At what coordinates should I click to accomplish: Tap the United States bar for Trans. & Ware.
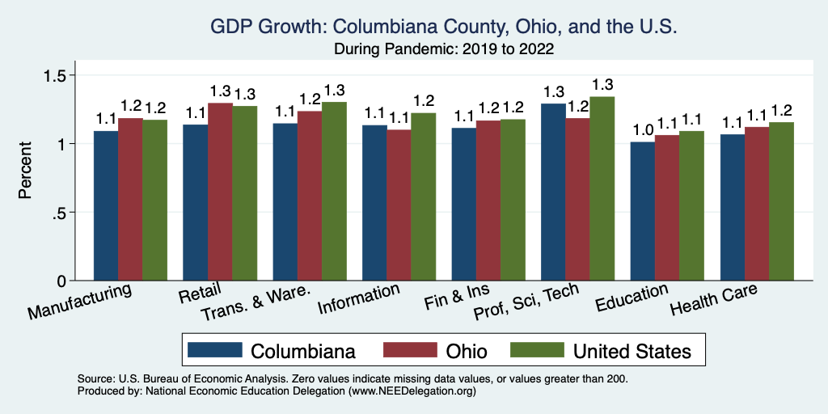(x=334, y=191)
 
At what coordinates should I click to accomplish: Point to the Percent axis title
(x=27, y=171)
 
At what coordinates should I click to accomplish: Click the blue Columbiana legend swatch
(x=215, y=350)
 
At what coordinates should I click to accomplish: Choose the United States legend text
(x=632, y=351)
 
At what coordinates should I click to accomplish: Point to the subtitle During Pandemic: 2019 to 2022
(x=443, y=49)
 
